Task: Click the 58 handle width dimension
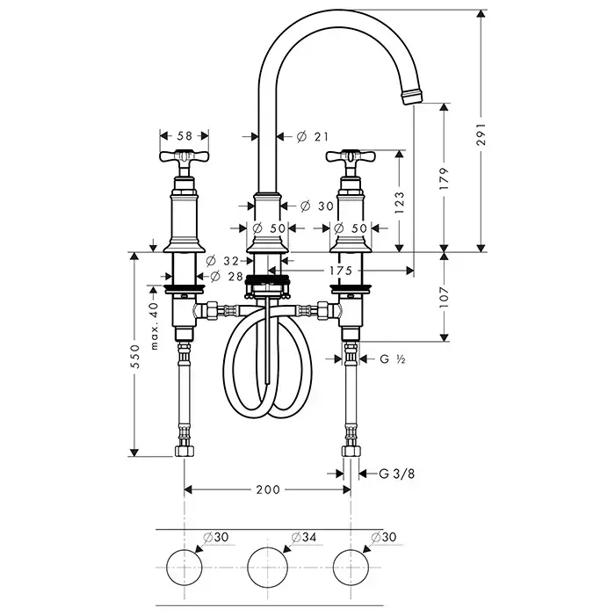(x=184, y=135)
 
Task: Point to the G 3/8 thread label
(x=397, y=474)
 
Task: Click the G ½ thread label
(x=391, y=358)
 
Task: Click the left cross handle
(x=184, y=159)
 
